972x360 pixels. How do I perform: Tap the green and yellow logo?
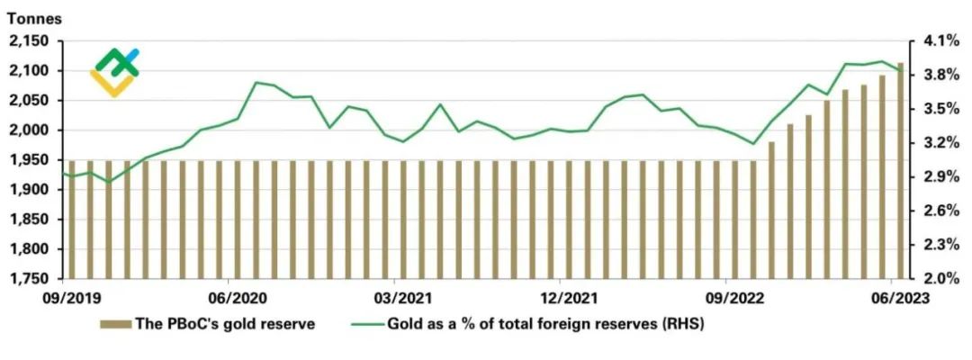115,72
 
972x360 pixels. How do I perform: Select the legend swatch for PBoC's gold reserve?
114,325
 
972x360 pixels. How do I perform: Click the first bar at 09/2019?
72,220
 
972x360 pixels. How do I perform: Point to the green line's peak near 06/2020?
256,83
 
